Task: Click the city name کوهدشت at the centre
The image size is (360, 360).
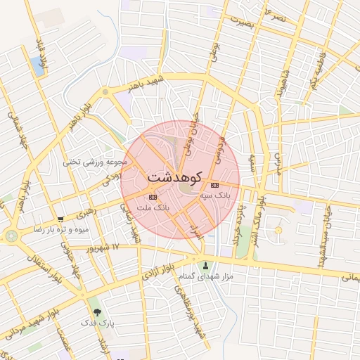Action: tap(176, 176)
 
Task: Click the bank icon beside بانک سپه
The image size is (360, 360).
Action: tap(214, 185)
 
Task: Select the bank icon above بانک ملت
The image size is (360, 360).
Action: tap(154, 197)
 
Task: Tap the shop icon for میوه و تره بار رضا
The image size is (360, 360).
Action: tap(61, 219)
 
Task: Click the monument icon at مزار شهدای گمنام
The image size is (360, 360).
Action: tap(206, 266)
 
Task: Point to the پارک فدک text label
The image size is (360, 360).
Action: tap(103, 323)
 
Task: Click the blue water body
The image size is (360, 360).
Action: tap(37, 66)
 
